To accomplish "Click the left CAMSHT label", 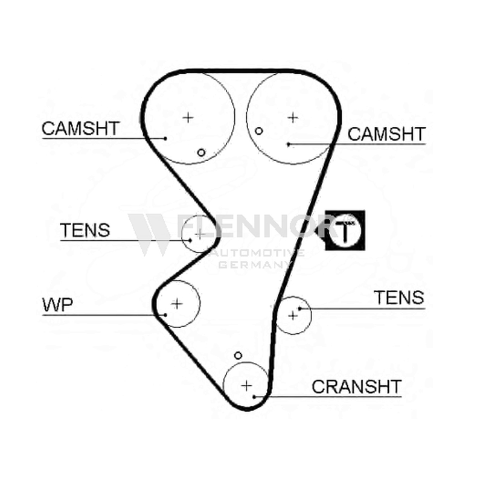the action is point(80,128).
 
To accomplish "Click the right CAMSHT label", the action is point(386,134).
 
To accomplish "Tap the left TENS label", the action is point(85,230).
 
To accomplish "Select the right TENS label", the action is point(399,298).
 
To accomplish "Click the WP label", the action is point(57,305).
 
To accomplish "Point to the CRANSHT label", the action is point(357,386).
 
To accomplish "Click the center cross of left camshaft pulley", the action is point(188,117).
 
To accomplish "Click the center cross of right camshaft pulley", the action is point(293,117).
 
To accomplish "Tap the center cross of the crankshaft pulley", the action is point(246,385).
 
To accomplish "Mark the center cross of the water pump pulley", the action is point(177,304).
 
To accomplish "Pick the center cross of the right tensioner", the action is point(293,315).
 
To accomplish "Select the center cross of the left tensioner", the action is point(200,234).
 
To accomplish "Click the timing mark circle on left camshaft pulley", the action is point(201,153).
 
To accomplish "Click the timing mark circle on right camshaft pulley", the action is point(259,131).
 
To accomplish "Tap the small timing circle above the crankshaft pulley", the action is point(238,356).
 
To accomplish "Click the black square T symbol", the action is point(345,230).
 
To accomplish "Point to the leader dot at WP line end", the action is point(165,315).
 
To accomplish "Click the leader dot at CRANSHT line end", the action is point(254,397).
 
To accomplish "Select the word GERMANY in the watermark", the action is point(255,264).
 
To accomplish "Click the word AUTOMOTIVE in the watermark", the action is point(258,253).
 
